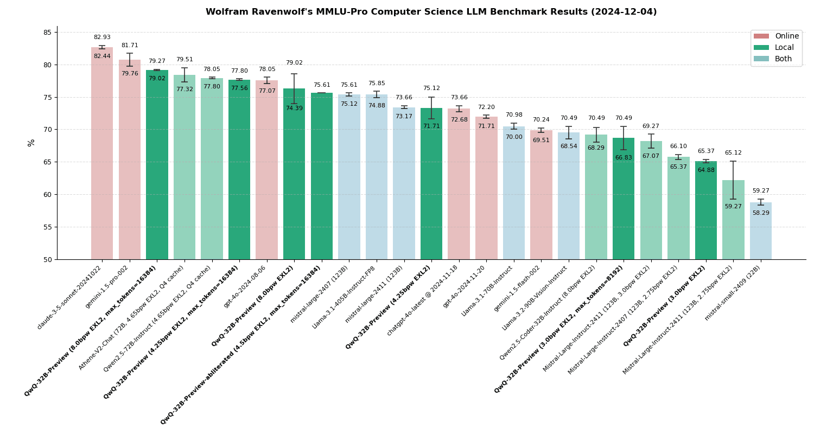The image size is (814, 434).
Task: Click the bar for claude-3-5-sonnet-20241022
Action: tap(102, 157)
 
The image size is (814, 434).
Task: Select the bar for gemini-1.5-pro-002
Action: tap(129, 163)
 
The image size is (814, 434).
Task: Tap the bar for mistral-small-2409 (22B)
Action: tap(760, 233)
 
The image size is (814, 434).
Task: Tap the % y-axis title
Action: tap(31, 143)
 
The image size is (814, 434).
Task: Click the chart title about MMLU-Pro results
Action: tap(431, 12)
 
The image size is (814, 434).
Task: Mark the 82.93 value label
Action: tap(102, 37)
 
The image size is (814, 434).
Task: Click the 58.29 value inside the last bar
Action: tap(760, 213)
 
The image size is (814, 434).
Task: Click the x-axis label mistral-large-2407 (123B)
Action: tap(320, 293)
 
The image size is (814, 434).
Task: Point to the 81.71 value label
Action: tap(129, 46)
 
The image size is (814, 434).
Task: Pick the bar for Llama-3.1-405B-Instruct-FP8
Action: tap(376, 179)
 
